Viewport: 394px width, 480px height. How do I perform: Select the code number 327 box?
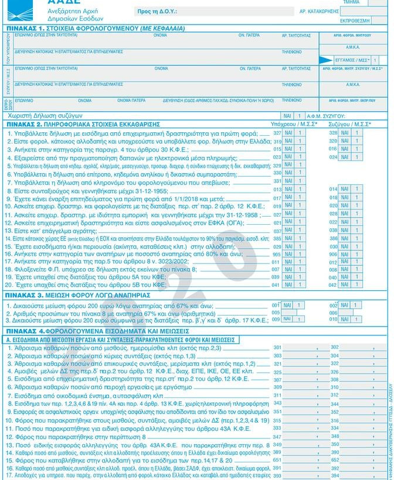[x=277, y=133]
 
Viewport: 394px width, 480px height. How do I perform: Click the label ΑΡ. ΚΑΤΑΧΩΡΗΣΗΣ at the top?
[x=320, y=11]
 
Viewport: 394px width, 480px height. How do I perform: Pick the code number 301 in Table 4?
[x=277, y=348]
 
